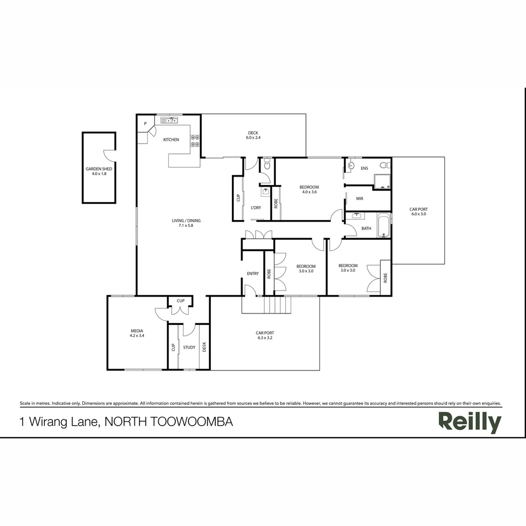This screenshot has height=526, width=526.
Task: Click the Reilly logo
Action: pos(470,422)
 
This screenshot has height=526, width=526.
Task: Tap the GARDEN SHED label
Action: pos(99,171)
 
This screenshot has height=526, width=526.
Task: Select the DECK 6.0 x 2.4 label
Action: pos(253,135)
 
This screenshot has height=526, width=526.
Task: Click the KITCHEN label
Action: pos(171,140)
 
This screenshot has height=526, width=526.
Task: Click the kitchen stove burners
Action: pos(195,140)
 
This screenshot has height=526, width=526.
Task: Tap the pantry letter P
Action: pos(145,124)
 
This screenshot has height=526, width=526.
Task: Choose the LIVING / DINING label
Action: pos(186,223)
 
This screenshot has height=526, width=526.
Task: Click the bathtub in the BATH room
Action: pos(384,225)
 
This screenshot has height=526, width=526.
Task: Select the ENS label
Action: pos(364,169)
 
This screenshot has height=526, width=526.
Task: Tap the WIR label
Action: pos(359,199)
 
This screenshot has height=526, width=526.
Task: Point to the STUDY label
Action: pos(189,347)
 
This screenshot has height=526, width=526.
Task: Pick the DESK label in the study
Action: pos(205,346)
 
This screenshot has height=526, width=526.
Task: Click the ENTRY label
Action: pos(253,274)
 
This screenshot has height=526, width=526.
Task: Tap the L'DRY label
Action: pos(256,207)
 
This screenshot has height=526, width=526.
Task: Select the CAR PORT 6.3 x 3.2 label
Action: pos(265,335)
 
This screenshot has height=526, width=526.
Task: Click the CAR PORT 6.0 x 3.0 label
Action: pos(418,211)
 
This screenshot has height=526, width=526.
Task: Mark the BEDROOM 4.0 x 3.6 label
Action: pos(309,189)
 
